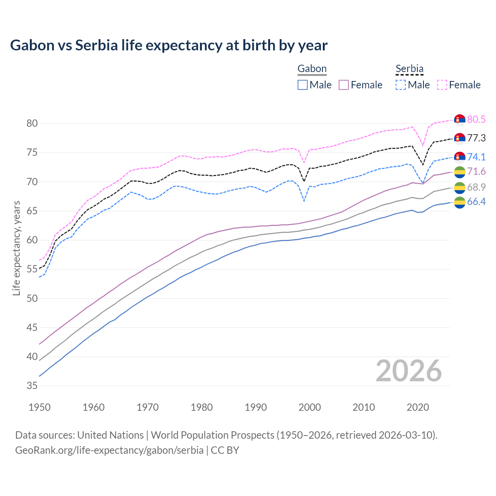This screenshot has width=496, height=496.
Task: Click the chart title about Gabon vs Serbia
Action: point(169,45)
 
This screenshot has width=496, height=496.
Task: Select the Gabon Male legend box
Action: point(303,85)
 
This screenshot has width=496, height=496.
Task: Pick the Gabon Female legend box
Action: point(344,85)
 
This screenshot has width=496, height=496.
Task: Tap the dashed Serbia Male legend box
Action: point(401,85)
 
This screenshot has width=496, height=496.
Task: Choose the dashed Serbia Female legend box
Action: point(442,85)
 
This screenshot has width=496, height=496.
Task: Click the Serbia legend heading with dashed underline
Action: point(409,69)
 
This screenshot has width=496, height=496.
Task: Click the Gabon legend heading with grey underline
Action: point(312,69)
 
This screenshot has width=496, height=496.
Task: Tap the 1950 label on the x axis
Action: point(40,407)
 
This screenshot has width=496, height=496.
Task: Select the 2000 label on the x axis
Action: point(310,407)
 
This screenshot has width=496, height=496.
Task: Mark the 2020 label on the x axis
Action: point(418,407)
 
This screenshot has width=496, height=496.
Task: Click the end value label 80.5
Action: point(476,119)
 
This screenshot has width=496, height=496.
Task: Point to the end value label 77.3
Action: point(476,138)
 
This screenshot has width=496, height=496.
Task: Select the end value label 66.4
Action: point(476,201)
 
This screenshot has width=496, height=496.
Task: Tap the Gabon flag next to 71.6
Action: point(460,172)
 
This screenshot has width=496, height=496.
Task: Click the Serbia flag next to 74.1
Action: point(460,157)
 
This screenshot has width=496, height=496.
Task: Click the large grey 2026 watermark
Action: point(408,371)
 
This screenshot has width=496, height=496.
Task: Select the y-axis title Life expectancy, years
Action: point(16,248)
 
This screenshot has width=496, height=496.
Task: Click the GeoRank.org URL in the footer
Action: point(109,450)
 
